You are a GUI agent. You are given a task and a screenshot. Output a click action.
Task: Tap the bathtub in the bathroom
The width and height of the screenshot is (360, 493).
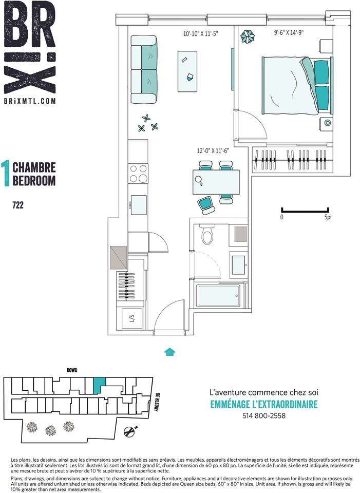pos(218,296)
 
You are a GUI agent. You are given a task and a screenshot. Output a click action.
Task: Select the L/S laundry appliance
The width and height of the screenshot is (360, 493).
pos(132,318)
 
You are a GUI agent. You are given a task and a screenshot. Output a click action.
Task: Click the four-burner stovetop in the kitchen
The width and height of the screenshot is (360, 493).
pos(138,174)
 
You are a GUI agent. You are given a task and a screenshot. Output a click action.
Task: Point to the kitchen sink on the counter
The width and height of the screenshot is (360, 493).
pos(138,205)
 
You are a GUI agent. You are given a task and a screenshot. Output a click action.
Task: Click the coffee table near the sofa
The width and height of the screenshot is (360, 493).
pos(187,71)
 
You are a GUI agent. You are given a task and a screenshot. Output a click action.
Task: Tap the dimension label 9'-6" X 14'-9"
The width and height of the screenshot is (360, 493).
pos(289,33)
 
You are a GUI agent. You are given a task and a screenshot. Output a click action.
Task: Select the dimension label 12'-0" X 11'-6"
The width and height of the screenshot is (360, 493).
pos(213,151)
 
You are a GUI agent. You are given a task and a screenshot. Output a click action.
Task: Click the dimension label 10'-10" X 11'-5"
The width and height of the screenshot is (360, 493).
pos(200,33)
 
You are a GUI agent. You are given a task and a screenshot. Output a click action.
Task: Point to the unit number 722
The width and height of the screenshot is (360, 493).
pos(18,205)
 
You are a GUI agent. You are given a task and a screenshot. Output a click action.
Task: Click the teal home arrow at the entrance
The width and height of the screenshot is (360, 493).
pos(170,351)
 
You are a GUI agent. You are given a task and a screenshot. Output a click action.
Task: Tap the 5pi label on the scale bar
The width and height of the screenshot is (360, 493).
pos(328,217)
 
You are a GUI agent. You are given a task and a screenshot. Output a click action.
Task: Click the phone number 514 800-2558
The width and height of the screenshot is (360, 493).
pos(264,415)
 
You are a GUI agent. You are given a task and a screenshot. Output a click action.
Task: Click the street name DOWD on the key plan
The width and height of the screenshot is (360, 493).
pos(72,370)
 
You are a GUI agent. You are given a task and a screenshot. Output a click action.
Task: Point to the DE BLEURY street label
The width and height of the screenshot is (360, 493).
pos(156,402)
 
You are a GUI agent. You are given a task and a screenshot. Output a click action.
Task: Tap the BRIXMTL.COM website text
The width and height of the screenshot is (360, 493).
pos(30,101)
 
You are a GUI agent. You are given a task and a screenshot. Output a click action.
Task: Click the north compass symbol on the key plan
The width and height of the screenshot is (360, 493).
pos(130,432)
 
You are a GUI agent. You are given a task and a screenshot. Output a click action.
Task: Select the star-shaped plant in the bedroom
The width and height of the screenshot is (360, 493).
pos(248,36)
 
